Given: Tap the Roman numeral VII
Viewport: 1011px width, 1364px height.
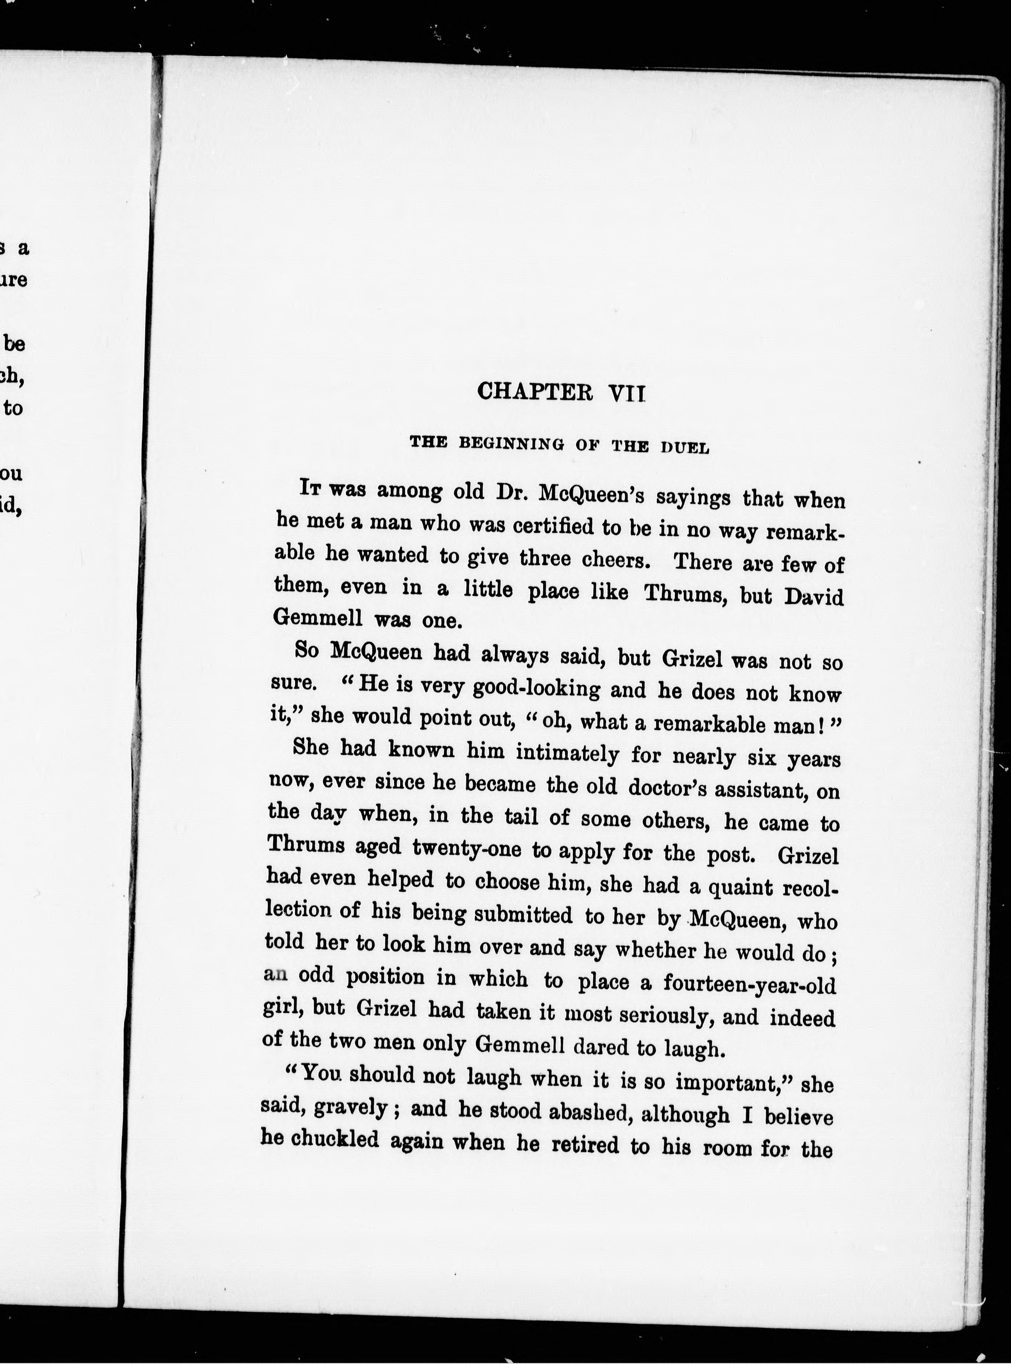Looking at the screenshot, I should click(x=627, y=393).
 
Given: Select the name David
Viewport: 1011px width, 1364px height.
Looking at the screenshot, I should click(x=814, y=597).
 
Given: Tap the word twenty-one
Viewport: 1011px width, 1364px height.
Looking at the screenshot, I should click(x=466, y=849).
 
